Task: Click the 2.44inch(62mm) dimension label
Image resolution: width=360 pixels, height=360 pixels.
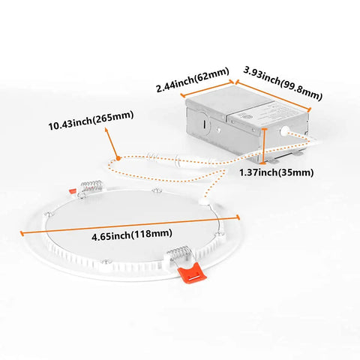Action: click(193, 79)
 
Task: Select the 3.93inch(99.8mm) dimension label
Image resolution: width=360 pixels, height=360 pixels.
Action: click(283, 82)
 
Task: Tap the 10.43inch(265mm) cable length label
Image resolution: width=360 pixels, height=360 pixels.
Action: click(91, 120)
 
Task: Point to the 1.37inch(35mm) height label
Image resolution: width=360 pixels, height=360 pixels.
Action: click(277, 172)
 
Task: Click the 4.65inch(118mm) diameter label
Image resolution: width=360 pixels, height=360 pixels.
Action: click(132, 235)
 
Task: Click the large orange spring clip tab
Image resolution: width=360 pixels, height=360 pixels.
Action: click(192, 275)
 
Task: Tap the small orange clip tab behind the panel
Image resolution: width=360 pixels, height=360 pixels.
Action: click(73, 191)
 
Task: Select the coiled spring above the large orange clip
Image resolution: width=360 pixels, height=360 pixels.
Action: click(178, 253)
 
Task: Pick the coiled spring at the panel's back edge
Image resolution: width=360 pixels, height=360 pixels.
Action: click(91, 187)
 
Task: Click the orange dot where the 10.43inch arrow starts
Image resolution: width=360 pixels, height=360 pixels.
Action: click(118, 158)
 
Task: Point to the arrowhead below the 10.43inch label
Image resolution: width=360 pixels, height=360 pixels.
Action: click(106, 130)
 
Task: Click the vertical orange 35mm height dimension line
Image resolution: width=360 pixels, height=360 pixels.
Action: click(263, 146)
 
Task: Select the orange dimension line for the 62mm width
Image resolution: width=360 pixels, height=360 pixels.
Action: click(207, 88)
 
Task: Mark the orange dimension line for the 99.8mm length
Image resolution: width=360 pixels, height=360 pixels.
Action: click(273, 95)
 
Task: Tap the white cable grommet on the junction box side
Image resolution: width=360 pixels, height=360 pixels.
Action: click(284, 131)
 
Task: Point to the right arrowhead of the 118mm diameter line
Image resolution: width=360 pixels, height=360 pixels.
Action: click(238, 217)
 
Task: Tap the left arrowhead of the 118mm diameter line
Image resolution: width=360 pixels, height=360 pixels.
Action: click(22, 233)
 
